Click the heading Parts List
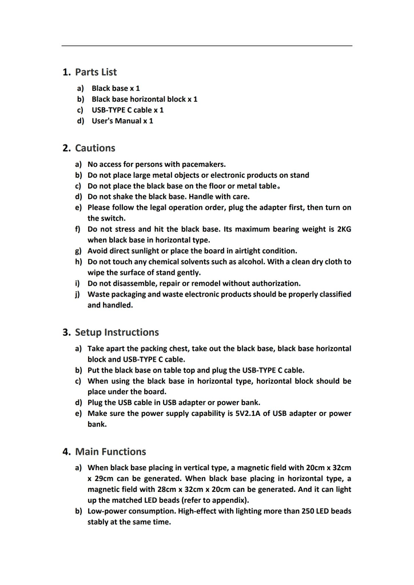[x=95, y=72]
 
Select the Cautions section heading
[x=95, y=148]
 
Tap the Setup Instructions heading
[x=117, y=332]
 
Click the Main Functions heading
[x=110, y=452]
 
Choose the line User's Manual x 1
[x=122, y=121]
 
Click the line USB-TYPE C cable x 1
[x=128, y=110]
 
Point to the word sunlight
[x=152, y=251]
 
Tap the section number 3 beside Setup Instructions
[x=66, y=332]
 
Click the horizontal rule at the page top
[x=207, y=46]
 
